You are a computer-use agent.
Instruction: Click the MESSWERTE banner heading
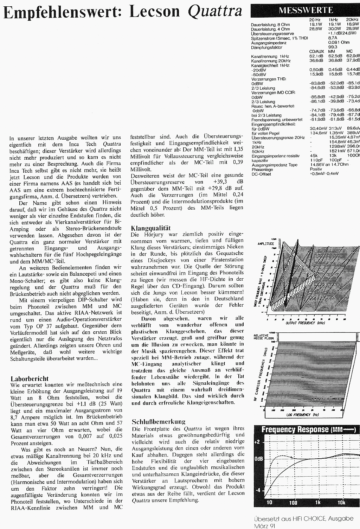click(306, 11)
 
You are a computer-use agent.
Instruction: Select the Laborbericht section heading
click(30, 378)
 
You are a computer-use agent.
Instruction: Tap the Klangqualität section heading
click(150, 228)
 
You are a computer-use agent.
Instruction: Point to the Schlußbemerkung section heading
click(158, 421)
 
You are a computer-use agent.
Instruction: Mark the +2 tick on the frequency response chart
click(257, 442)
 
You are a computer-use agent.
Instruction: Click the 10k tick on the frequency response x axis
click(341, 502)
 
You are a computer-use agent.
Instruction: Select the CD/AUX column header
click(316, 51)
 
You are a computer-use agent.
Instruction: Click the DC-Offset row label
click(261, 174)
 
